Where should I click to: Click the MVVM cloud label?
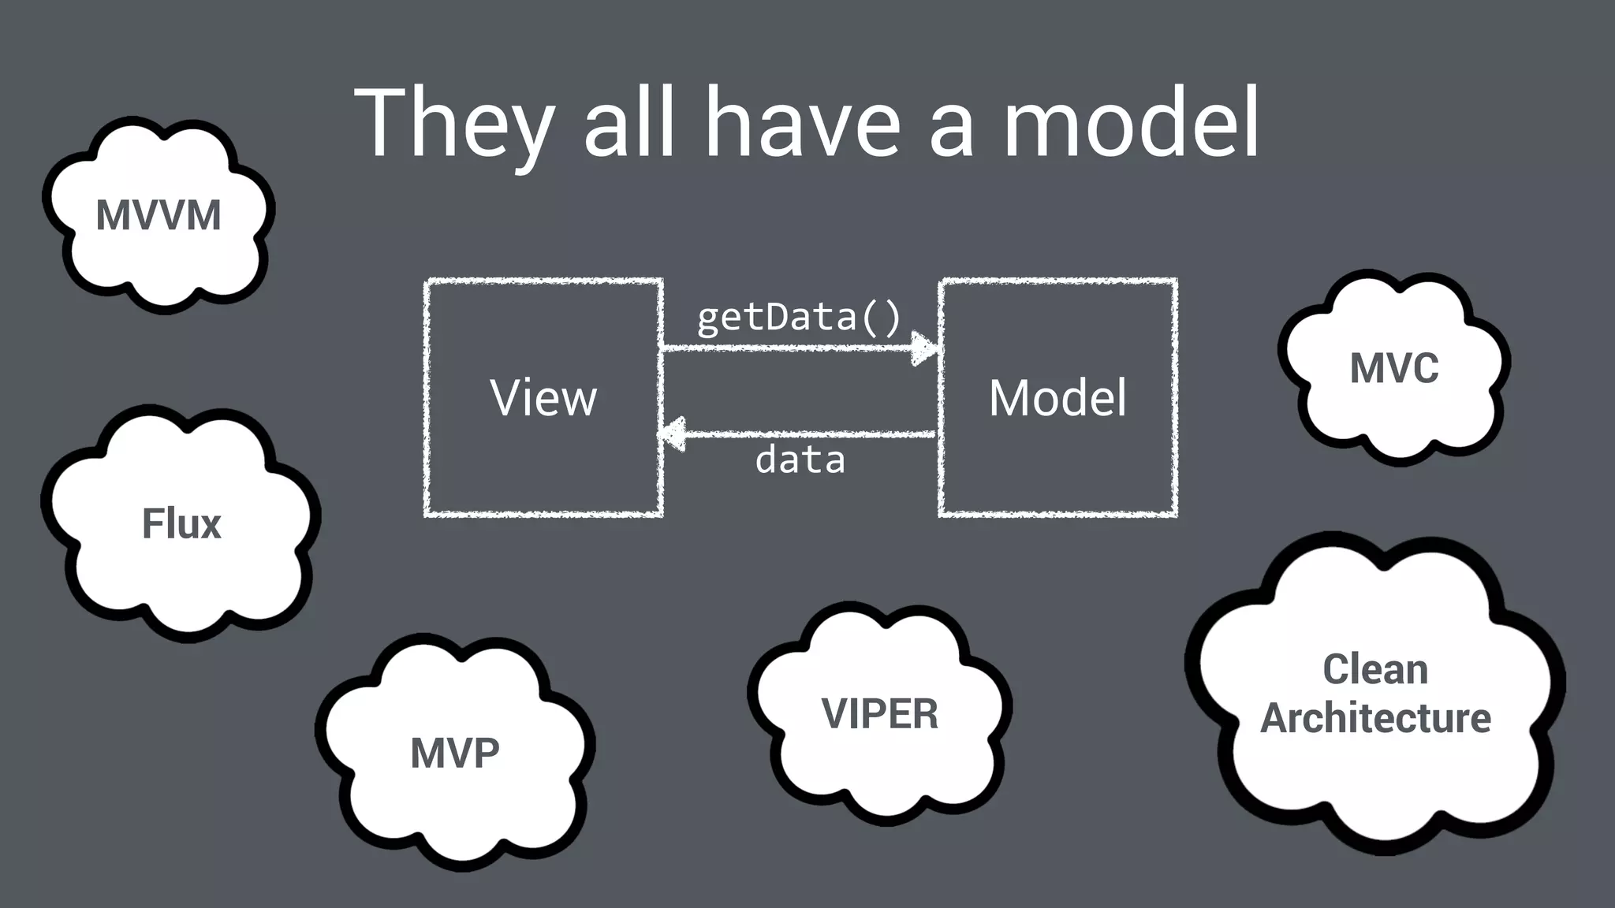159,215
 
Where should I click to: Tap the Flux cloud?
181,524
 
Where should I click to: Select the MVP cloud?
455,753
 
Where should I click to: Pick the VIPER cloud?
880,714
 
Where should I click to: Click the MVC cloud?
1394,368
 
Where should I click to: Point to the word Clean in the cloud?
1375,670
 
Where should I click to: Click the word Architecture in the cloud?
1375,718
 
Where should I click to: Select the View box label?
543,397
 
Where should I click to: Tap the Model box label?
1057,397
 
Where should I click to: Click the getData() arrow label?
799,317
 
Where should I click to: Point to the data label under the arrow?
800,460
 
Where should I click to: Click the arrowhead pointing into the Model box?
924,348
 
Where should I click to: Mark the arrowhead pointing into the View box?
673,434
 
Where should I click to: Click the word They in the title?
453,125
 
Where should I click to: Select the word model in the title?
1131,125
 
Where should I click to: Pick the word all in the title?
629,125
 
